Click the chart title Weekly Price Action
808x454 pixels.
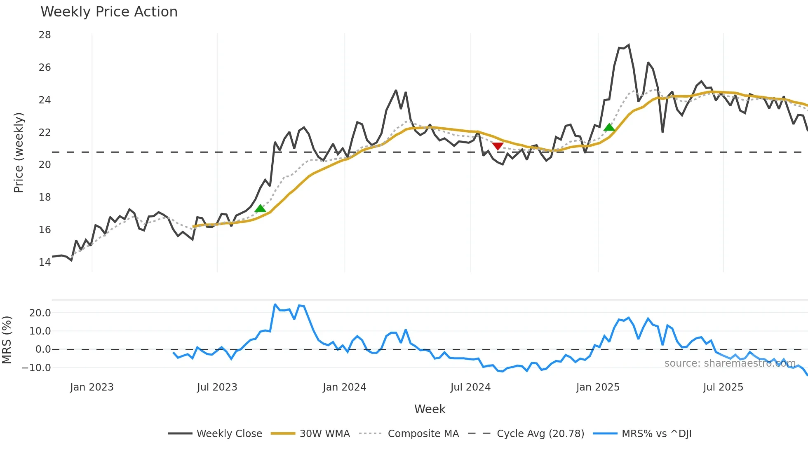[x=109, y=12]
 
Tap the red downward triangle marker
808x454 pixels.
[x=498, y=146]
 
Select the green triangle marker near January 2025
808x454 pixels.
[x=609, y=127]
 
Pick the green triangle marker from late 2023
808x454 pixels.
[x=260, y=208]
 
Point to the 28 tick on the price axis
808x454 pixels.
[x=45, y=35]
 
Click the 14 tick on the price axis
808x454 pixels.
[x=45, y=262]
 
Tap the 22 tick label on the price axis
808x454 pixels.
[x=45, y=132]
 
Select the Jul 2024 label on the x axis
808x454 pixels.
[x=470, y=387]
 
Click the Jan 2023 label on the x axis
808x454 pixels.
[x=92, y=387]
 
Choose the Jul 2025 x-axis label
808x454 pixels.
[x=723, y=387]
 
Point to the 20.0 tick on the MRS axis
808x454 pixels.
[x=40, y=313]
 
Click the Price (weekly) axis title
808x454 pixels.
[x=19, y=152]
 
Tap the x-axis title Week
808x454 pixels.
[x=430, y=409]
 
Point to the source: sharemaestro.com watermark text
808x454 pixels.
[x=730, y=363]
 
